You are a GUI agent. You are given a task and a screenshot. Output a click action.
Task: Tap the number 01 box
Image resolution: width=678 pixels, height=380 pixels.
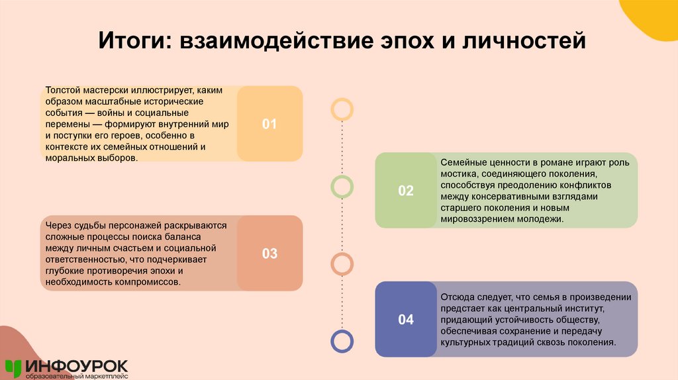tap(269, 124)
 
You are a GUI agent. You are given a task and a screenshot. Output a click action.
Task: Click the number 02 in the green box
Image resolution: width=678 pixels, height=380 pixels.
tap(405, 191)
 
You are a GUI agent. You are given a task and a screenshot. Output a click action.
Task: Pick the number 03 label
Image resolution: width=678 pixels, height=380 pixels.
tap(269, 254)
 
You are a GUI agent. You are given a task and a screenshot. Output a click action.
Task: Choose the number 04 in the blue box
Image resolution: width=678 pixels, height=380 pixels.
tap(405, 320)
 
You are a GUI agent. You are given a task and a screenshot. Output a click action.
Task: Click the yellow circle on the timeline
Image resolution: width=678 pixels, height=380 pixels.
tap(342, 109)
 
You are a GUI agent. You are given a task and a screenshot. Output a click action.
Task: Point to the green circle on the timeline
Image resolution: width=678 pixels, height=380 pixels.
tap(342, 187)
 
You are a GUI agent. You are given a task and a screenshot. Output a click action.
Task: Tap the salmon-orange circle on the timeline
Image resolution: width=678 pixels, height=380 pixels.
tap(342, 264)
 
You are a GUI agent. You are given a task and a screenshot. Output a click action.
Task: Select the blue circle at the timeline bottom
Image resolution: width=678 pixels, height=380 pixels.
tap(342, 341)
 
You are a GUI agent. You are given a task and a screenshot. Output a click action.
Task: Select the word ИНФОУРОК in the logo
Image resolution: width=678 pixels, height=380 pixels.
tap(77, 365)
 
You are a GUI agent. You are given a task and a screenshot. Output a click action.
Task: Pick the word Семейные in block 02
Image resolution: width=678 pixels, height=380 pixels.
tap(462, 162)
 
